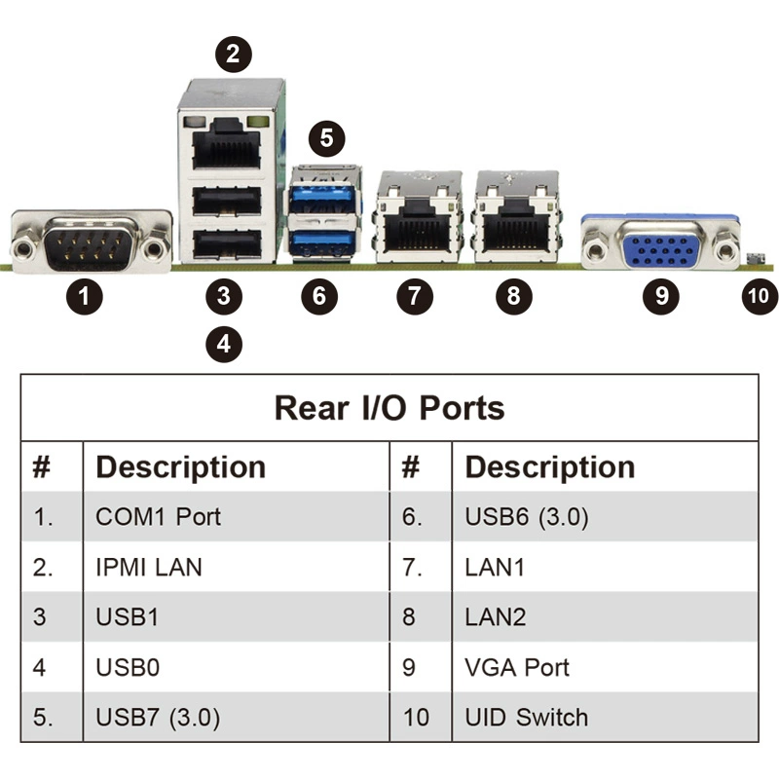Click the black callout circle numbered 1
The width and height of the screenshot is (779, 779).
[x=89, y=296]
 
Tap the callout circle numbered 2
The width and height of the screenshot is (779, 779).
[x=232, y=53]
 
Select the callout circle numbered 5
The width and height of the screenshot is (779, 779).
[x=326, y=137]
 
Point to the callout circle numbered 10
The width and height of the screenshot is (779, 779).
[x=760, y=296]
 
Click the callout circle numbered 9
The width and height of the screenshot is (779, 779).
[x=662, y=296]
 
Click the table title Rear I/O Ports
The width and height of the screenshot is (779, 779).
[x=389, y=407]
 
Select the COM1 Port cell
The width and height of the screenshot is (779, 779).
[x=159, y=516]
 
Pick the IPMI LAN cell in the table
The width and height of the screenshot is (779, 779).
[x=149, y=567]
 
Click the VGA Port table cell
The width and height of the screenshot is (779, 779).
[x=517, y=668]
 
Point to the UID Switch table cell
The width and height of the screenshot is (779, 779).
[x=527, y=719]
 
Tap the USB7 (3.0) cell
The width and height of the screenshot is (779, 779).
[x=158, y=719]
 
